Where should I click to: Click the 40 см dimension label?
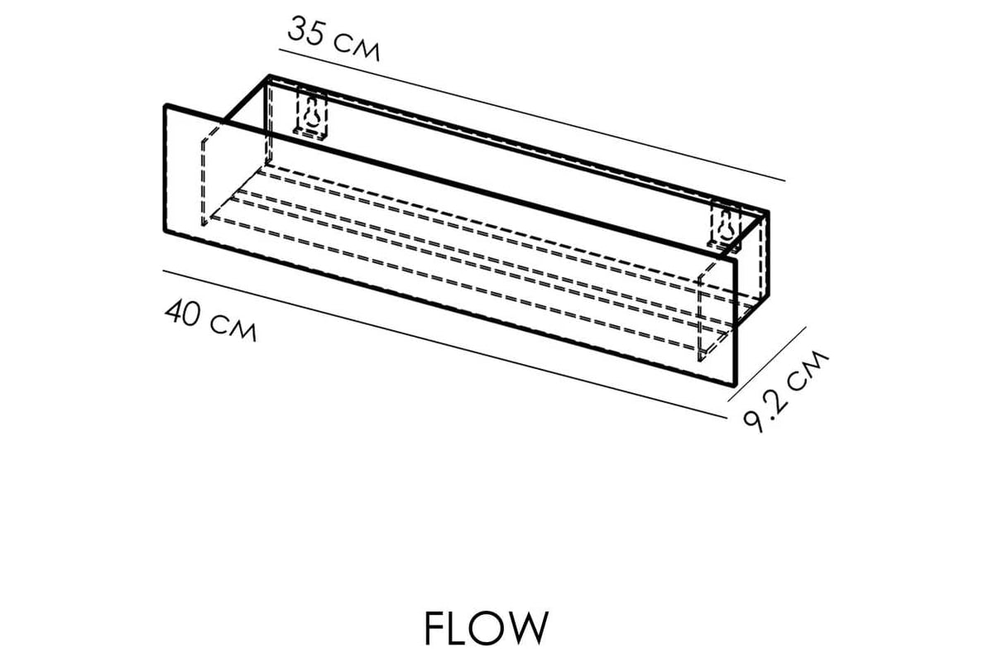(211, 321)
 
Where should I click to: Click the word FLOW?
(486, 629)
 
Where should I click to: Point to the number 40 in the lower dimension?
(185, 314)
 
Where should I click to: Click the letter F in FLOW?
(436, 629)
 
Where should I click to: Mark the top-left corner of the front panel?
(166, 105)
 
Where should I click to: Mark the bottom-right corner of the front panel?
(734, 386)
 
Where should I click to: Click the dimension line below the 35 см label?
(530, 114)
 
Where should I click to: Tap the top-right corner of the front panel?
(735, 258)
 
